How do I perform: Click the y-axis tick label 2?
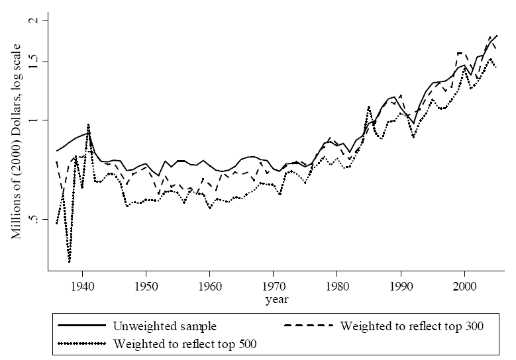(37, 21)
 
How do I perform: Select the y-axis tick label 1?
(37, 120)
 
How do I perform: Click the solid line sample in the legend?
(82, 326)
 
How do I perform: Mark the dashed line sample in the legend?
(309, 326)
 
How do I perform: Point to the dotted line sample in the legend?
(82, 343)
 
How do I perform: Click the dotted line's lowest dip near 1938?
(70, 262)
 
